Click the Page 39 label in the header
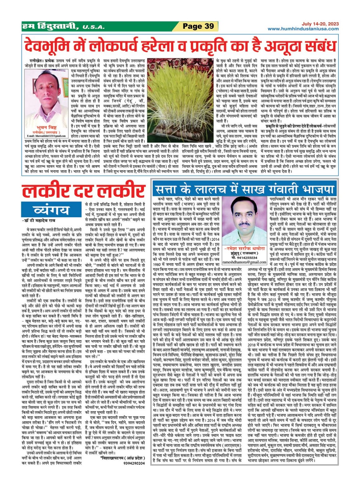(x=199, y=26)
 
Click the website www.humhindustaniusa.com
(x=303, y=29)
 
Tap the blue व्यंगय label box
(x=51, y=210)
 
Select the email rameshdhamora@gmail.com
(x=244, y=262)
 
